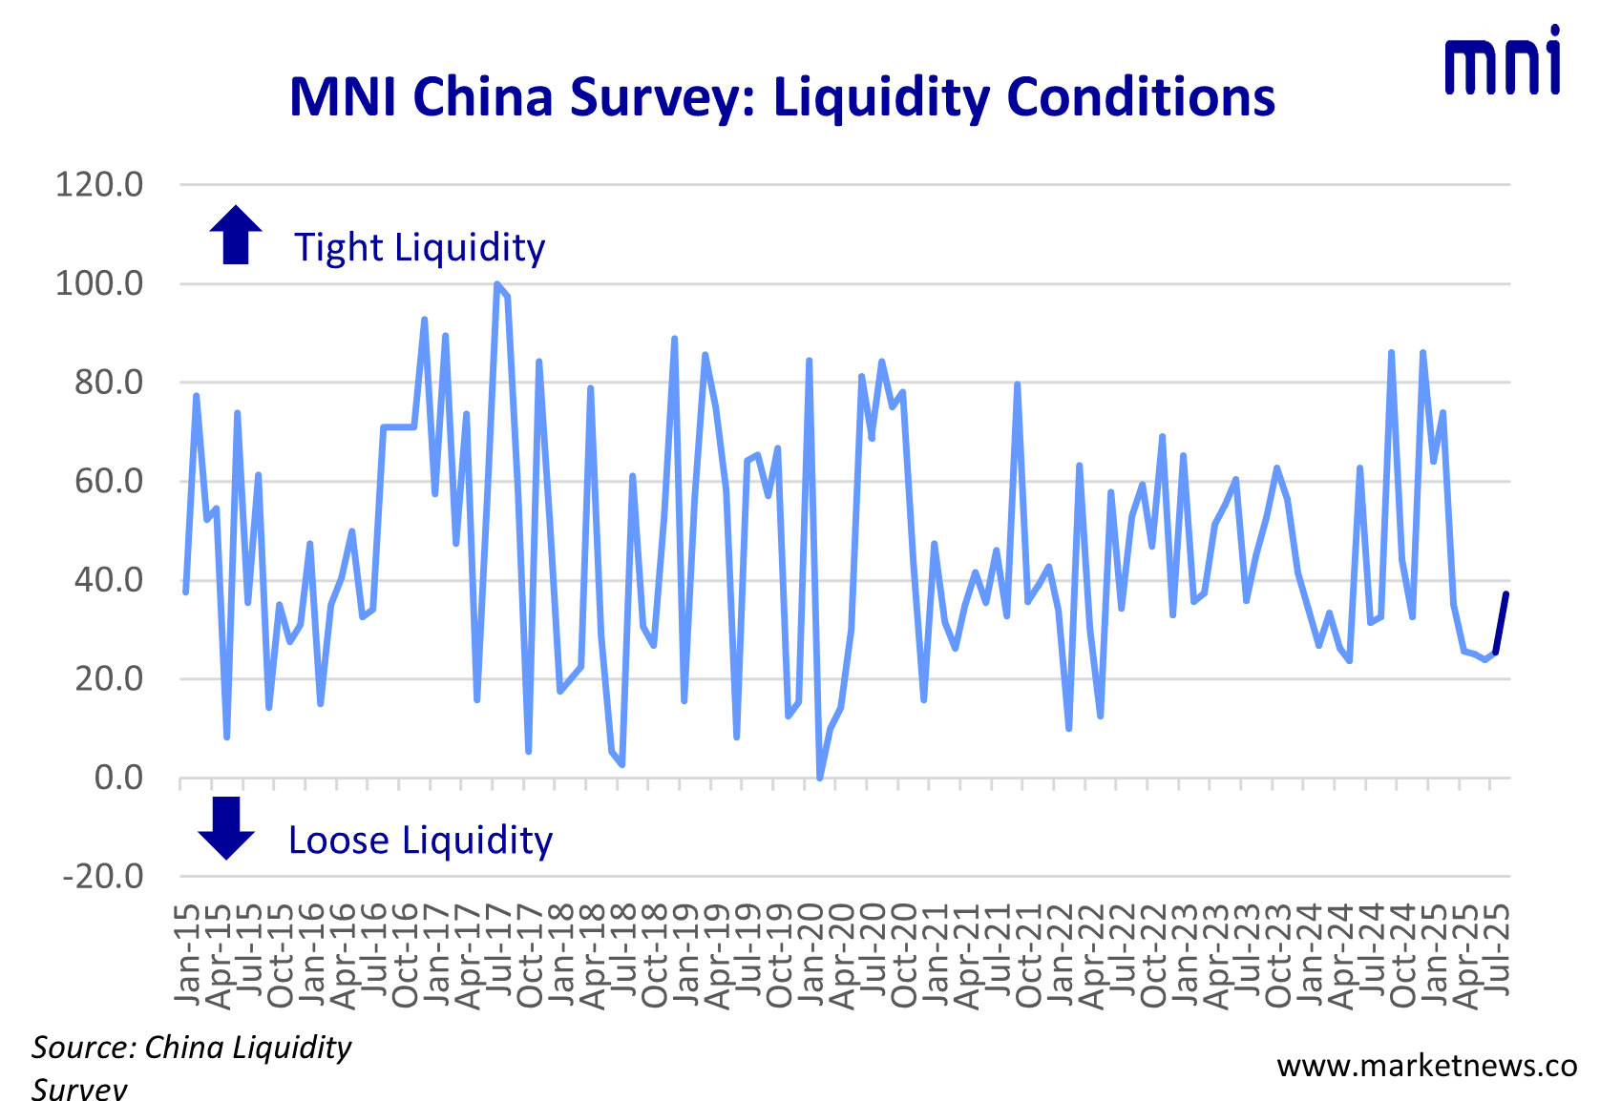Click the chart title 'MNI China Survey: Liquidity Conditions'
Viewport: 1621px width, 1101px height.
(782, 97)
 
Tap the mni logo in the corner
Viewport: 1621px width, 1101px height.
(1503, 62)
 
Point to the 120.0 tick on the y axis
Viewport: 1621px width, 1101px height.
(99, 184)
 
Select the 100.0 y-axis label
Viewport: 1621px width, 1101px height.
(99, 283)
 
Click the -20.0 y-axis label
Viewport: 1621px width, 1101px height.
(102, 876)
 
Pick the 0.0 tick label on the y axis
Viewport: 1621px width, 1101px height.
(118, 778)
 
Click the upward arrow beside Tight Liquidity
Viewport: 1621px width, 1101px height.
(236, 235)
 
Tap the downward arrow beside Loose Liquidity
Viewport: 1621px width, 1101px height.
(226, 827)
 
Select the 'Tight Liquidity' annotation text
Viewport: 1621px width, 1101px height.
(419, 247)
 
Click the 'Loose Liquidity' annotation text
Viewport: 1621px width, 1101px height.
(420, 841)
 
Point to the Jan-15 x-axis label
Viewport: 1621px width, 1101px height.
(188, 954)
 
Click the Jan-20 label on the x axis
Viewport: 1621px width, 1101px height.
(811, 954)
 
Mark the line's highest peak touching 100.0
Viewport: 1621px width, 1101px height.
(497, 284)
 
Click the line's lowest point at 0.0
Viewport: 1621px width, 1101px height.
(820, 778)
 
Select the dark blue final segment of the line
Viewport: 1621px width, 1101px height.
(1502, 622)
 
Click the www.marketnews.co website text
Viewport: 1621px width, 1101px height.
(1426, 1066)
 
